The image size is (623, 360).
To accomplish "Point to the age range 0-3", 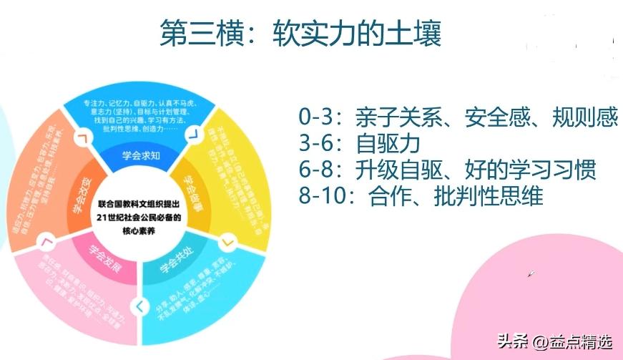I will tap(315, 117).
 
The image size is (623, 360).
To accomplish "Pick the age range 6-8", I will tap(315, 170).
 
